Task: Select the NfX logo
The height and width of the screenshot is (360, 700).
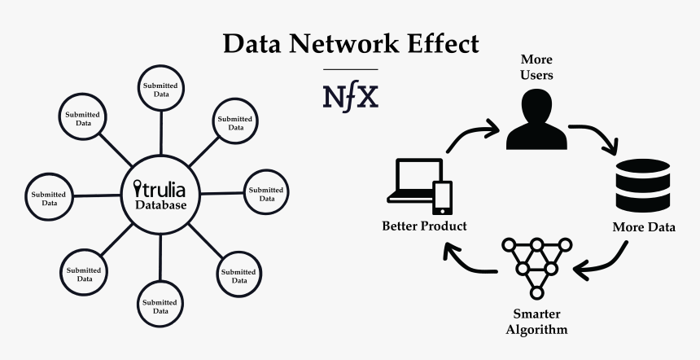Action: pos(351,95)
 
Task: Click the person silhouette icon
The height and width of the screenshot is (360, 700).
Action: pos(536,120)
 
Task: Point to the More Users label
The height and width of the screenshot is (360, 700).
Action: pos(536,68)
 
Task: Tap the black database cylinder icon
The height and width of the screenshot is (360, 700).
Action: pos(642,187)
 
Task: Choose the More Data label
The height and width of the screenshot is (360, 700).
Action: pos(643,227)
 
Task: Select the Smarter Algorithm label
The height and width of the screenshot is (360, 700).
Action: pos(536,322)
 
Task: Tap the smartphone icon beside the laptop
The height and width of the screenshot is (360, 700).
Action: pos(442,198)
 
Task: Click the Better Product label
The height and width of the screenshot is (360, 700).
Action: pos(424,226)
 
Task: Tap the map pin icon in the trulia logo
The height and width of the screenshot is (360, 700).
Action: pos(136,189)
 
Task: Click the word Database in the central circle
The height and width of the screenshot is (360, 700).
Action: pos(161,205)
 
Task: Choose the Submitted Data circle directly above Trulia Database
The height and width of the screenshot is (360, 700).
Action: pos(160,89)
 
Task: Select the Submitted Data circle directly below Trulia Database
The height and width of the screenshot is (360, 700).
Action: pos(160,306)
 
